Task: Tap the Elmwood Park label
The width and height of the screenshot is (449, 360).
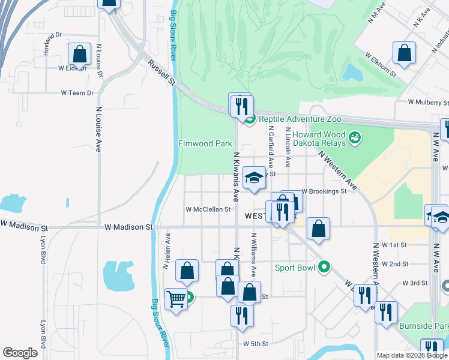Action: tap(205, 144)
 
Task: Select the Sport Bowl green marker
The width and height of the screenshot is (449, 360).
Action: tap(325, 266)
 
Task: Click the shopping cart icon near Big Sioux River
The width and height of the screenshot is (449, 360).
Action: tap(175, 298)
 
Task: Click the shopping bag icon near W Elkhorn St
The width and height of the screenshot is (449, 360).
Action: tap(405, 52)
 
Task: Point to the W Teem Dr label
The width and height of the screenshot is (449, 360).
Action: tap(77, 93)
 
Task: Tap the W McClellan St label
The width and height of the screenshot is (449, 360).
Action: tap(208, 209)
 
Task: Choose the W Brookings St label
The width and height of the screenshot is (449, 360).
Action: tap(324, 191)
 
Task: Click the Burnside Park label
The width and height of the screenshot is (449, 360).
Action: tap(423, 326)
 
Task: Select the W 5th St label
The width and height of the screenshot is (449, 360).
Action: tap(255, 344)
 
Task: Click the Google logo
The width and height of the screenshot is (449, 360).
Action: tap(20, 352)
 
